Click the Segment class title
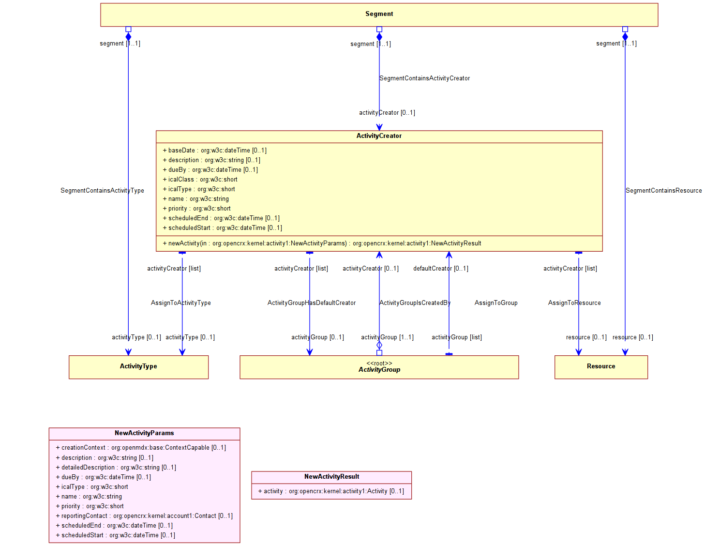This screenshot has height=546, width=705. [x=379, y=14]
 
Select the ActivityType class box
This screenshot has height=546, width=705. [x=138, y=367]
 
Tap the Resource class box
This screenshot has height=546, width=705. [x=600, y=367]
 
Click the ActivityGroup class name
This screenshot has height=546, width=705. [x=379, y=370]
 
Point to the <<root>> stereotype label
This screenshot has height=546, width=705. [x=379, y=363]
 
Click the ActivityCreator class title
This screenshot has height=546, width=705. [x=379, y=136]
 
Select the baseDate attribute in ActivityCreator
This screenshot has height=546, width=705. [x=214, y=151]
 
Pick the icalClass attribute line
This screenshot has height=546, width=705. [x=200, y=180]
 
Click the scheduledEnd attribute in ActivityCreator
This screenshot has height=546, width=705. [x=221, y=218]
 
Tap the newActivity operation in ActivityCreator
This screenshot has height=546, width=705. [x=322, y=243]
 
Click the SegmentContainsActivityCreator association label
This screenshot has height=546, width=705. [x=424, y=78]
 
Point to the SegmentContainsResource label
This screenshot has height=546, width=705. [x=663, y=191]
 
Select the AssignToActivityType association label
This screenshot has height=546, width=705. [x=180, y=303]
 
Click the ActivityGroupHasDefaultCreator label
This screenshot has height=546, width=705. [x=311, y=303]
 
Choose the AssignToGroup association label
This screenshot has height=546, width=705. [x=495, y=303]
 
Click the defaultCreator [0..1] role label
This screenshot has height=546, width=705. [x=440, y=269]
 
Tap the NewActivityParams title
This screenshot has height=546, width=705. [x=144, y=433]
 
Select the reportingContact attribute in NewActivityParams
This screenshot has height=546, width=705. [x=144, y=516]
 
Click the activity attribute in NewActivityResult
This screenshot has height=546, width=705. [x=330, y=491]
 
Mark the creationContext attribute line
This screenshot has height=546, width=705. [x=140, y=448]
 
